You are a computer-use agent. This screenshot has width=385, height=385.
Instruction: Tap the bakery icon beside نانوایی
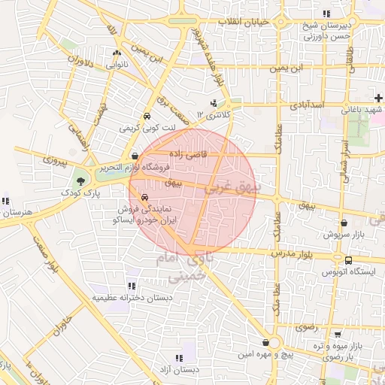(116, 53)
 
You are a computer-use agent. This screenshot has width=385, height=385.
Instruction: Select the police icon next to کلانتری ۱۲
(214, 103)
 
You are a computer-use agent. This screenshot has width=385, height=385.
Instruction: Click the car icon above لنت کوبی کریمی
(147, 117)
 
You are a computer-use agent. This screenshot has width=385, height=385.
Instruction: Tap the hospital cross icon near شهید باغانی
(378, 99)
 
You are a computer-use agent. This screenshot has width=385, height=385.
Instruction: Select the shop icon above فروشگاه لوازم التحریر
(135, 156)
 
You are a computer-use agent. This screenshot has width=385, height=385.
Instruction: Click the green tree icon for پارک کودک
(80, 180)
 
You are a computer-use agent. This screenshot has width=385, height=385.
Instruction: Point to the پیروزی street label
(54, 160)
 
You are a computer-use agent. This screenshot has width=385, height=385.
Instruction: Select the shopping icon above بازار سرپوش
(344, 223)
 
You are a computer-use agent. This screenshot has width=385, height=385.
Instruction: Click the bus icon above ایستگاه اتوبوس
(347, 260)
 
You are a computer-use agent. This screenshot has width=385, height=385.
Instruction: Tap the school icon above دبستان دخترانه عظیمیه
(132, 286)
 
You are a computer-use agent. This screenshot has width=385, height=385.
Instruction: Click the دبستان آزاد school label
(178, 369)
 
